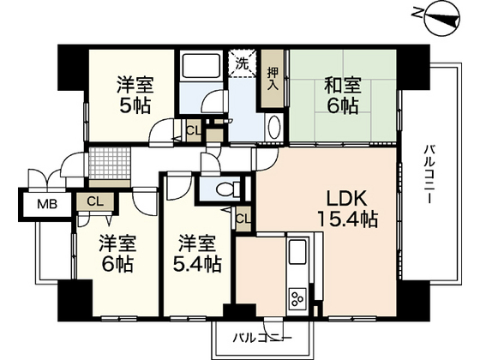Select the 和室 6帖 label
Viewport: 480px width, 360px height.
tap(342, 96)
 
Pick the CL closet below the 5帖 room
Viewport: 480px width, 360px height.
tap(192, 130)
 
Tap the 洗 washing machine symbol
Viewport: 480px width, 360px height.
tap(242, 63)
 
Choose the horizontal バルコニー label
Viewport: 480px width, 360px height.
tap(268, 336)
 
